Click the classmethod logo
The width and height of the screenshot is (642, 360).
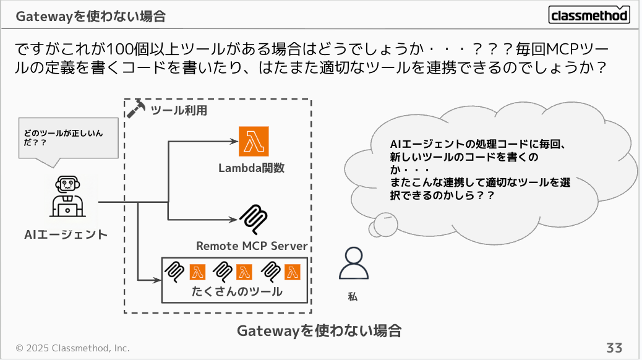tap(589, 15)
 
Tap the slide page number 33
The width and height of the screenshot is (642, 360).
tap(614, 347)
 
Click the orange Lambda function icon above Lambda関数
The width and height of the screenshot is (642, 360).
tap(254, 142)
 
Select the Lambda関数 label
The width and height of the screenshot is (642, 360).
tap(251, 168)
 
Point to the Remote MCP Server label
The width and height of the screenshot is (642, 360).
tap(252, 246)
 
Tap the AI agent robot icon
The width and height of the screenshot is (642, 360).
tap(67, 195)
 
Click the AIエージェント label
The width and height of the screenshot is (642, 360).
tap(66, 234)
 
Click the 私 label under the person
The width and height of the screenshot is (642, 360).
tap(353, 297)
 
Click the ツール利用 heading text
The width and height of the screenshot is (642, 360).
tap(179, 111)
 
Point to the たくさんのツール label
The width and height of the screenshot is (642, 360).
tap(236, 291)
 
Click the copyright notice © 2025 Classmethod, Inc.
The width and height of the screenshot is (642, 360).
tap(72, 348)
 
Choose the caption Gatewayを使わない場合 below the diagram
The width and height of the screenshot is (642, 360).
tap(319, 331)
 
